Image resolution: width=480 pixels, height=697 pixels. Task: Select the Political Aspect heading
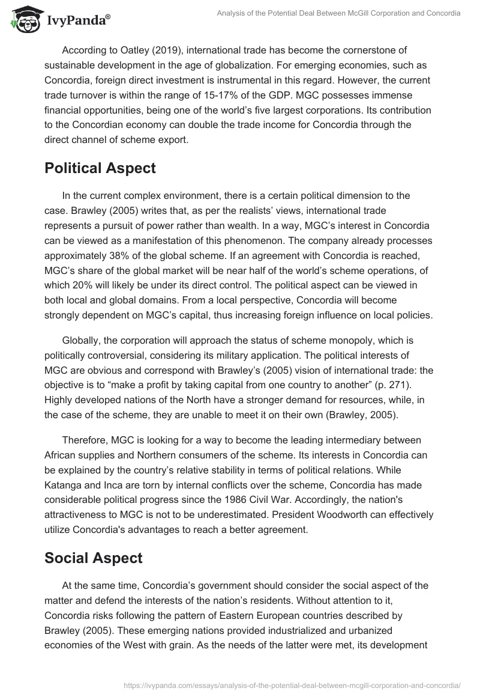click(100, 168)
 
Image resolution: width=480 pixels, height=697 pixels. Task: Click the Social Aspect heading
click(93, 558)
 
